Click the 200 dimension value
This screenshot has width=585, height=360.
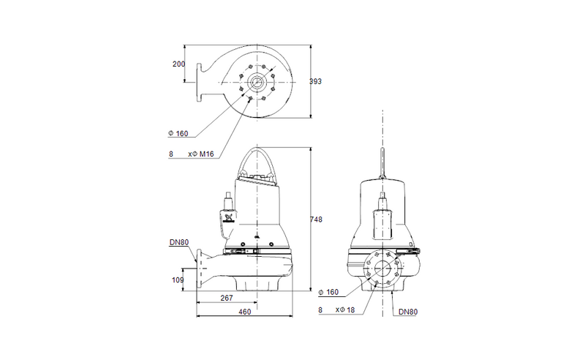[x=178, y=64]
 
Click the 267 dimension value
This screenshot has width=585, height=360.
[x=227, y=298]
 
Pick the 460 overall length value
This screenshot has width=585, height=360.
[x=244, y=312]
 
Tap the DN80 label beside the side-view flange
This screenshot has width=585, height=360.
[x=180, y=243]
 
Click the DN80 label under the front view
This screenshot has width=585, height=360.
[x=408, y=312]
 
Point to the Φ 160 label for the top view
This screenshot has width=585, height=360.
[x=178, y=134]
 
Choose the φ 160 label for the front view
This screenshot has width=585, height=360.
[x=331, y=293]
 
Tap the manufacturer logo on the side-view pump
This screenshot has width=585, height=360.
[x=227, y=218]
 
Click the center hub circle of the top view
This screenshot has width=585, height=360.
[x=257, y=81]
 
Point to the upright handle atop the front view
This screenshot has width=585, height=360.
[x=382, y=160]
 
